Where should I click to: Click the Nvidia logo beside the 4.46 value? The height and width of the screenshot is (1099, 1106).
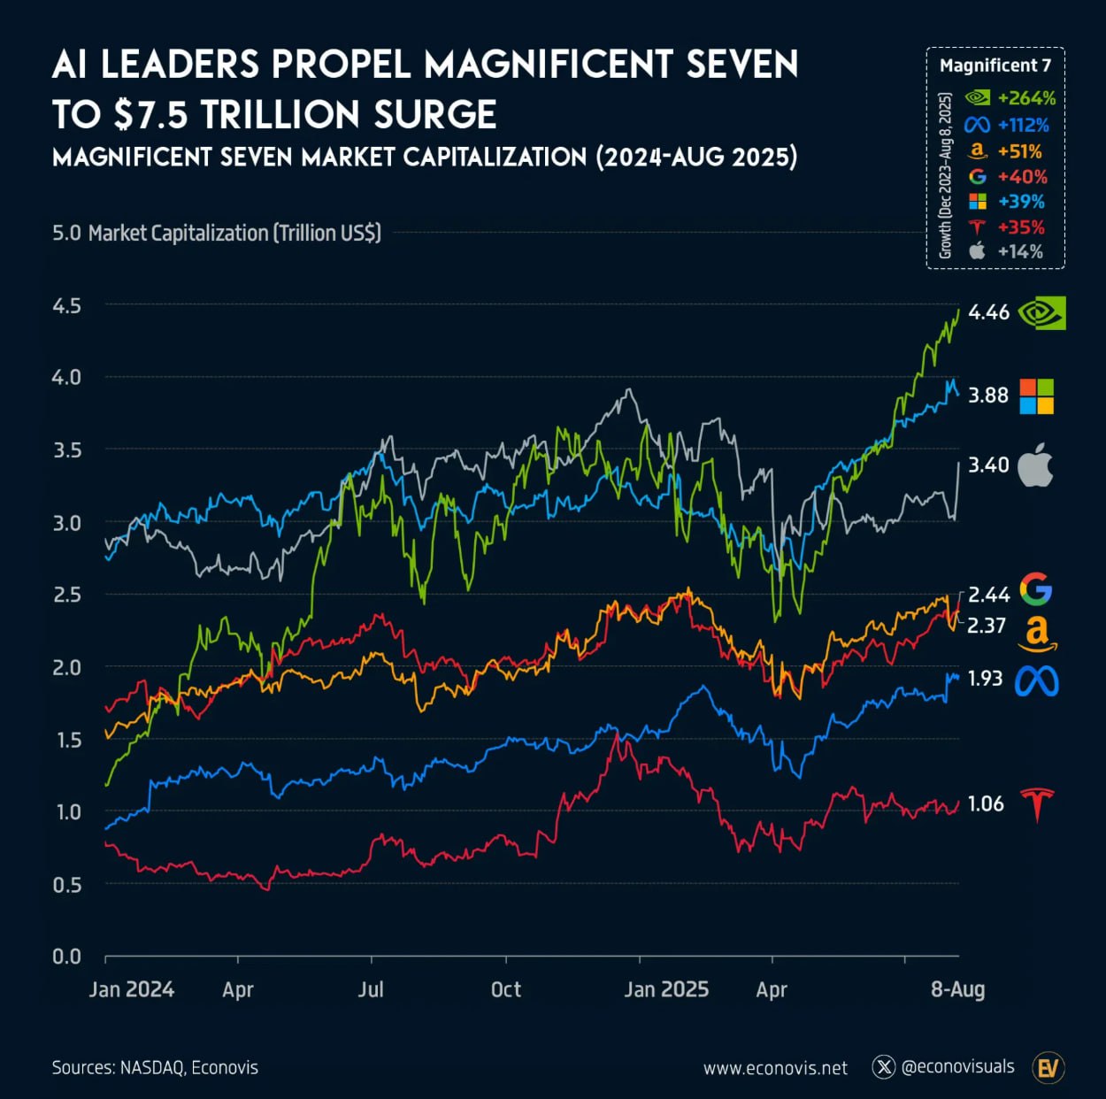pos(1042,312)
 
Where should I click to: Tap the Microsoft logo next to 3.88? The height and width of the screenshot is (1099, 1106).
pos(1037,396)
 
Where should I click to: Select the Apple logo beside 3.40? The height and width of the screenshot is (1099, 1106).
pos(1035,465)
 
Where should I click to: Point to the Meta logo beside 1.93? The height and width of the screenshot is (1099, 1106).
pos(1037,680)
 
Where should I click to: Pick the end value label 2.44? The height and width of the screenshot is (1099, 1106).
pos(988,595)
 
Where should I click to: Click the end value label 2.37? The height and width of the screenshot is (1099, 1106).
pos(987,626)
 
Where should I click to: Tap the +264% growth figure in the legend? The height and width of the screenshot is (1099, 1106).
pos(1026,98)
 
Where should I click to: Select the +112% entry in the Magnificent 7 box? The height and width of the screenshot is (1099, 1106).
pos(1023,125)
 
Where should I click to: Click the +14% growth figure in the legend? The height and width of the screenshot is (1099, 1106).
pos(1020,251)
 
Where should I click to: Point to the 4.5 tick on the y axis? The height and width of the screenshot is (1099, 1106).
pos(66,306)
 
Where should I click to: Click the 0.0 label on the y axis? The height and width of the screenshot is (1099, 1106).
pos(66,957)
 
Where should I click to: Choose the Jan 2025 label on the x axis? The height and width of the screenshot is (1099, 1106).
pos(666,989)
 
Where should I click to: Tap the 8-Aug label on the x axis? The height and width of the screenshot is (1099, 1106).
pos(957,989)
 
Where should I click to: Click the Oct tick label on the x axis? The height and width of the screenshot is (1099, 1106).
pos(506,989)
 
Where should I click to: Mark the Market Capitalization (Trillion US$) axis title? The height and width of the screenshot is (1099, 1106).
pos(234,234)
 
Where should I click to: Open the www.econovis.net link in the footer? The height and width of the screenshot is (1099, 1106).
pos(775,1068)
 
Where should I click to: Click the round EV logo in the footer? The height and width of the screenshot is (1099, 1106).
pos(1048,1068)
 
